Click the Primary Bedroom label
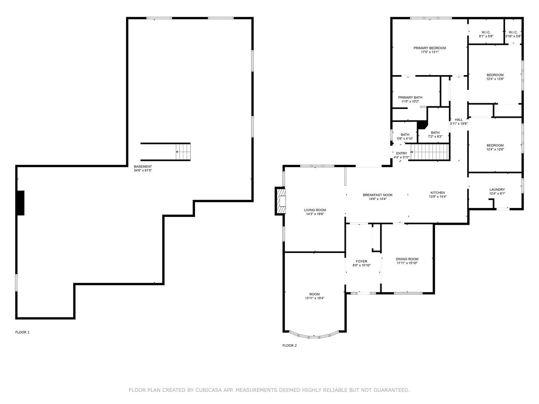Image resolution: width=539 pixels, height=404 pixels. point(429,48)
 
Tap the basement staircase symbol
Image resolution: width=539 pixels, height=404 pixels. point(183,152)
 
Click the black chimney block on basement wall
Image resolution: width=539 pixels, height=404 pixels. point(21,203)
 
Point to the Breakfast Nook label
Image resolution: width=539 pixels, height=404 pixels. point(377,195)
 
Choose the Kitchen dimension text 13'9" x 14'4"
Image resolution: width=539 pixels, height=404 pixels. point(437,197)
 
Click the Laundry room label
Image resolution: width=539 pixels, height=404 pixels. point(497,190)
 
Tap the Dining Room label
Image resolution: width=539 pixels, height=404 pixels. point(407,259)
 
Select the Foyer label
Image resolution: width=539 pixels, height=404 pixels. point(361,261)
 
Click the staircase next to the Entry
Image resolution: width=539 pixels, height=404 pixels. point(430,153)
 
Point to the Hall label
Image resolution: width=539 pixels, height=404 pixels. point(459,120)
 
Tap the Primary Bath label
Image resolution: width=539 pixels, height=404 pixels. point(410,98)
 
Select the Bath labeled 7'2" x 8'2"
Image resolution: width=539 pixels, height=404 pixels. point(435,134)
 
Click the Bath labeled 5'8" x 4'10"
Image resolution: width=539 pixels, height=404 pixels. point(405,137)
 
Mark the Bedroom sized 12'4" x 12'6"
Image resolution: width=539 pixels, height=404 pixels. point(495,147)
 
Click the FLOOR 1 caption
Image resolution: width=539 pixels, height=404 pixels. point(22,332)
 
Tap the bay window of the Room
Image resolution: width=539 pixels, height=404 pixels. point(314,336)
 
